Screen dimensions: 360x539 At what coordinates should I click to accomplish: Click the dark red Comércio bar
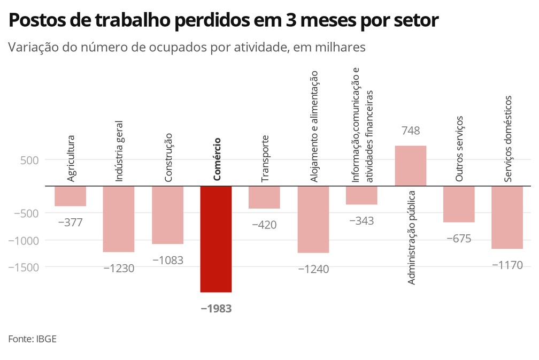216,239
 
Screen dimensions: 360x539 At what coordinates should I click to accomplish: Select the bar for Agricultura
70,196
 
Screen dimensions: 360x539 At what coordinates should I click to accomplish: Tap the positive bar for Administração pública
410,166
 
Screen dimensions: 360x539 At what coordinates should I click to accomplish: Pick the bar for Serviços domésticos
507,217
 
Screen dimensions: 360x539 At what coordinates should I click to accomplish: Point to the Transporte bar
264,197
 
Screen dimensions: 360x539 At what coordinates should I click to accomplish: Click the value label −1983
216,309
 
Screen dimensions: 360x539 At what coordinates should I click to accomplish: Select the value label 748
410,131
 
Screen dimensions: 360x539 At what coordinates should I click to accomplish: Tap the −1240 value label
313,269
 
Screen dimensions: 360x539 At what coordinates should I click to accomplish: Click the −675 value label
459,239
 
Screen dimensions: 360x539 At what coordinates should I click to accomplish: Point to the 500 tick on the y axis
26,160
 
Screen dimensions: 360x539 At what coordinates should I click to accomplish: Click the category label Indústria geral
119,151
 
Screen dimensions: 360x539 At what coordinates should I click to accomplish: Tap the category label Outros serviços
459,149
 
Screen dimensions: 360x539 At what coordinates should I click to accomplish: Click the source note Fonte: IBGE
33,339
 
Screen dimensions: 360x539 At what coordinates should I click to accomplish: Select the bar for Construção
167,215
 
